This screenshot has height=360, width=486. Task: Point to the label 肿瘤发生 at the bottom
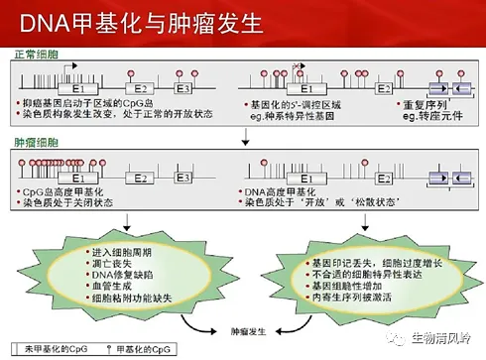click(248, 326)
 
